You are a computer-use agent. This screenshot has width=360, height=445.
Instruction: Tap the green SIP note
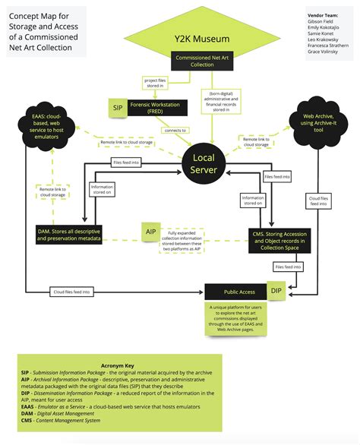(x=118, y=109)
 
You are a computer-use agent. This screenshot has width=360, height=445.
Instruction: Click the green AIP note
(x=150, y=231)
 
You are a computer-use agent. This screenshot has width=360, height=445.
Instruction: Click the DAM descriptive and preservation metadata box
(x=69, y=235)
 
